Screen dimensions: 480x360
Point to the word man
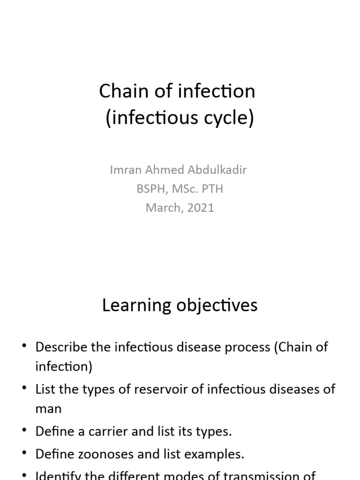[48, 408]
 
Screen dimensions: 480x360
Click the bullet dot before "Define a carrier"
[24, 430]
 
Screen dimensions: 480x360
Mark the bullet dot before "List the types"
[24, 388]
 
